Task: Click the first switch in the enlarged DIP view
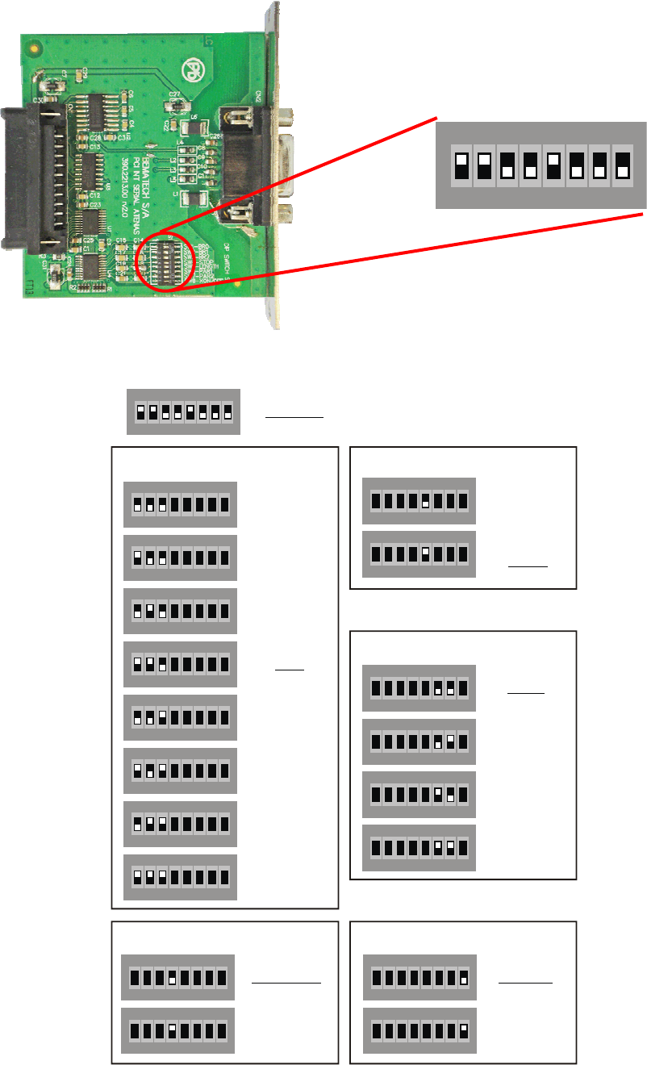[x=462, y=165]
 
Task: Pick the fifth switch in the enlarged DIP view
[x=553, y=165]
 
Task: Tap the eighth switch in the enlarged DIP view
[x=622, y=165]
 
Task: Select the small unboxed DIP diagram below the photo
[x=183, y=411]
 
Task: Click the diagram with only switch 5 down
[x=419, y=501]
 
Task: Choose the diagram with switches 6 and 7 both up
[x=419, y=848]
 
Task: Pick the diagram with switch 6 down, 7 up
[x=419, y=741]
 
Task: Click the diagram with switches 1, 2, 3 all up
[x=180, y=877]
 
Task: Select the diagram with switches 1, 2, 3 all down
[x=180, y=504]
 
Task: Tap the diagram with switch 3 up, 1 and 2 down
[x=180, y=717]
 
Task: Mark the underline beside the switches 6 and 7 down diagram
[x=526, y=693]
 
